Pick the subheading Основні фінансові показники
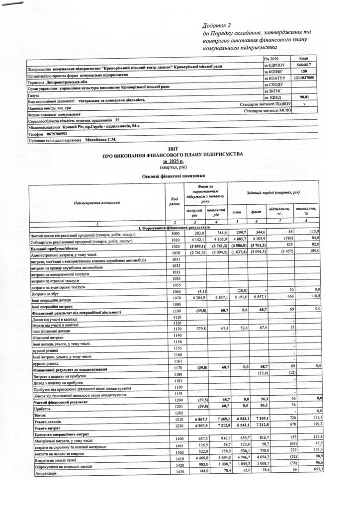click(173, 175)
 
